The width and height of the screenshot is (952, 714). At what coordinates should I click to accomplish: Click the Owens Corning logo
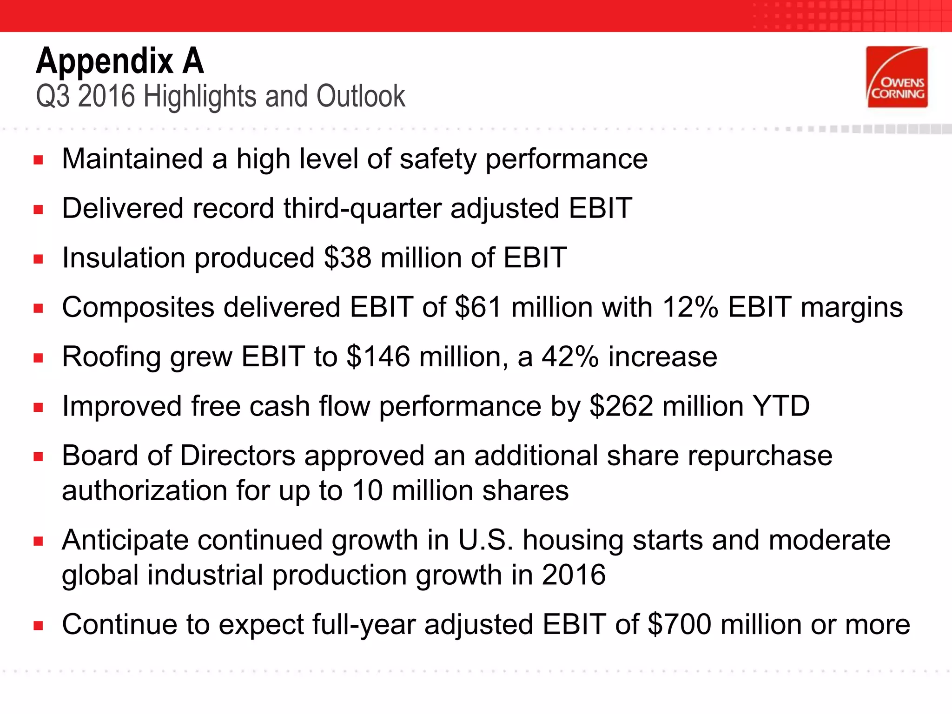click(897, 77)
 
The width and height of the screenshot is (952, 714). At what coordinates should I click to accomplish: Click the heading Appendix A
click(120, 61)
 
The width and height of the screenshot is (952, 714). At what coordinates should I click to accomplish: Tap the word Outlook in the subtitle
click(361, 96)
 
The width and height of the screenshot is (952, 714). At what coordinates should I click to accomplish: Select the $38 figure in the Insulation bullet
click(347, 258)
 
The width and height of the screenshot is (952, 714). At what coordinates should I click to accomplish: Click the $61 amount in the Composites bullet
click(478, 307)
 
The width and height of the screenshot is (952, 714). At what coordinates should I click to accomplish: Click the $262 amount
click(621, 406)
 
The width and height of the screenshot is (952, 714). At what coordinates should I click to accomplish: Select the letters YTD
click(781, 406)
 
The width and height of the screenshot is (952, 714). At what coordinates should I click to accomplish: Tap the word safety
click(438, 159)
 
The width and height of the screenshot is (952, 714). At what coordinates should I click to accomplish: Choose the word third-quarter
click(362, 209)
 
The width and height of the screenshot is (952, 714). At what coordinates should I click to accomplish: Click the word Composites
click(138, 308)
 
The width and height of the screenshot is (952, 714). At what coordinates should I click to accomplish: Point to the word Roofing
click(112, 357)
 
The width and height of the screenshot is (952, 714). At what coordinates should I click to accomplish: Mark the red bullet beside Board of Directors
click(39, 456)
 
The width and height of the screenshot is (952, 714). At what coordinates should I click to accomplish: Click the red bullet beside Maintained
click(39, 160)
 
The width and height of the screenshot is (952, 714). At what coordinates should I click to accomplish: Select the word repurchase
click(760, 456)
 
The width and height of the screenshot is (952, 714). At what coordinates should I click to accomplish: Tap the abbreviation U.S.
click(486, 540)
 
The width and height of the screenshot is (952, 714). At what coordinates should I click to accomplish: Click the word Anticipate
click(125, 541)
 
